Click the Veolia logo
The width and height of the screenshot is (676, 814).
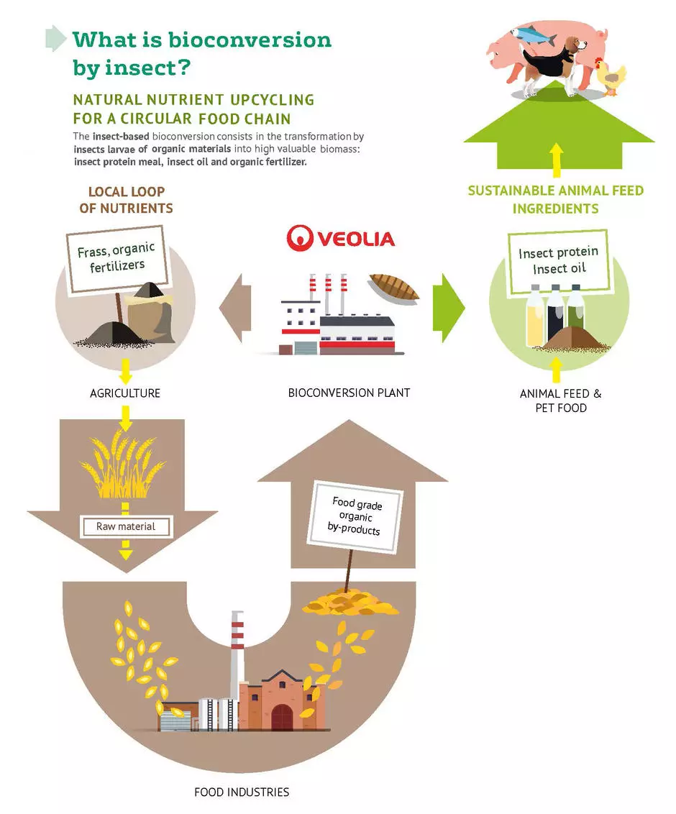point(340,237)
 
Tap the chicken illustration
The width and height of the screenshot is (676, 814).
point(612,76)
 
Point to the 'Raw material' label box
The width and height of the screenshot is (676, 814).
point(126,526)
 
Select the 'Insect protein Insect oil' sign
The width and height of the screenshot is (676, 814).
point(558,261)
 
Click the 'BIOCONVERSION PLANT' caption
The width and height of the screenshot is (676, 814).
point(349,393)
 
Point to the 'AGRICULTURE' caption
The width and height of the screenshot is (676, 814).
point(125,393)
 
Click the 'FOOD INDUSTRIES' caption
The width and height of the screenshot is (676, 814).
point(242,792)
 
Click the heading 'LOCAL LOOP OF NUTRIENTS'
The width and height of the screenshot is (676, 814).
point(127,200)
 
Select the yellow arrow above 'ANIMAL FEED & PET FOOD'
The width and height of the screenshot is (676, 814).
point(555,368)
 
